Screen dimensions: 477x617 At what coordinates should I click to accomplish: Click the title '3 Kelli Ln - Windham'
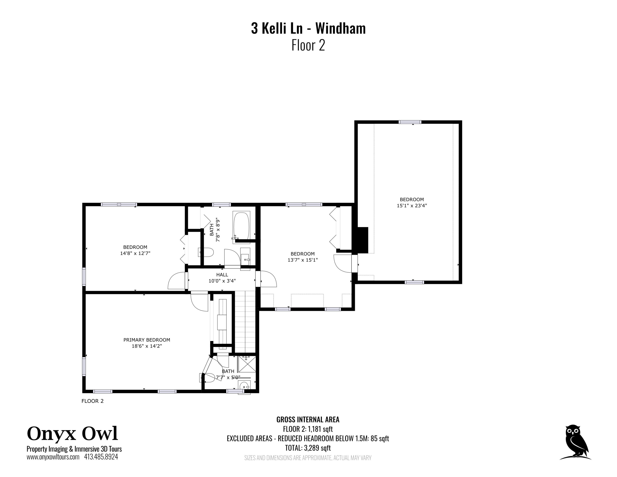coord(308,29)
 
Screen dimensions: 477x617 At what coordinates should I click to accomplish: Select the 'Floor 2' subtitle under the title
coord(308,45)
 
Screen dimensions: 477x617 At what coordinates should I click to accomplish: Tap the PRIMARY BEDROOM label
coord(147,340)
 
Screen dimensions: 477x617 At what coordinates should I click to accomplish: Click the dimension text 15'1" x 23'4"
coord(412,206)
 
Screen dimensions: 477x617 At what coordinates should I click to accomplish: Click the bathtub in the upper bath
coord(241,225)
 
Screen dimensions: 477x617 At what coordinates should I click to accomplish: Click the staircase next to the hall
coord(245,322)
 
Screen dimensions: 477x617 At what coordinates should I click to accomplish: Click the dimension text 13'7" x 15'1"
coord(303,260)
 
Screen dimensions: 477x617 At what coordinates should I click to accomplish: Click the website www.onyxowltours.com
coord(53,457)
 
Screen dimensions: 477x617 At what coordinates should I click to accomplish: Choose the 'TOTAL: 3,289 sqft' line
coord(308,448)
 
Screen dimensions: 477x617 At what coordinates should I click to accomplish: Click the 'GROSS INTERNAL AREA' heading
coord(308,420)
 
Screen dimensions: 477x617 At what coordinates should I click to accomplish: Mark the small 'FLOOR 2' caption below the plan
coord(92,401)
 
